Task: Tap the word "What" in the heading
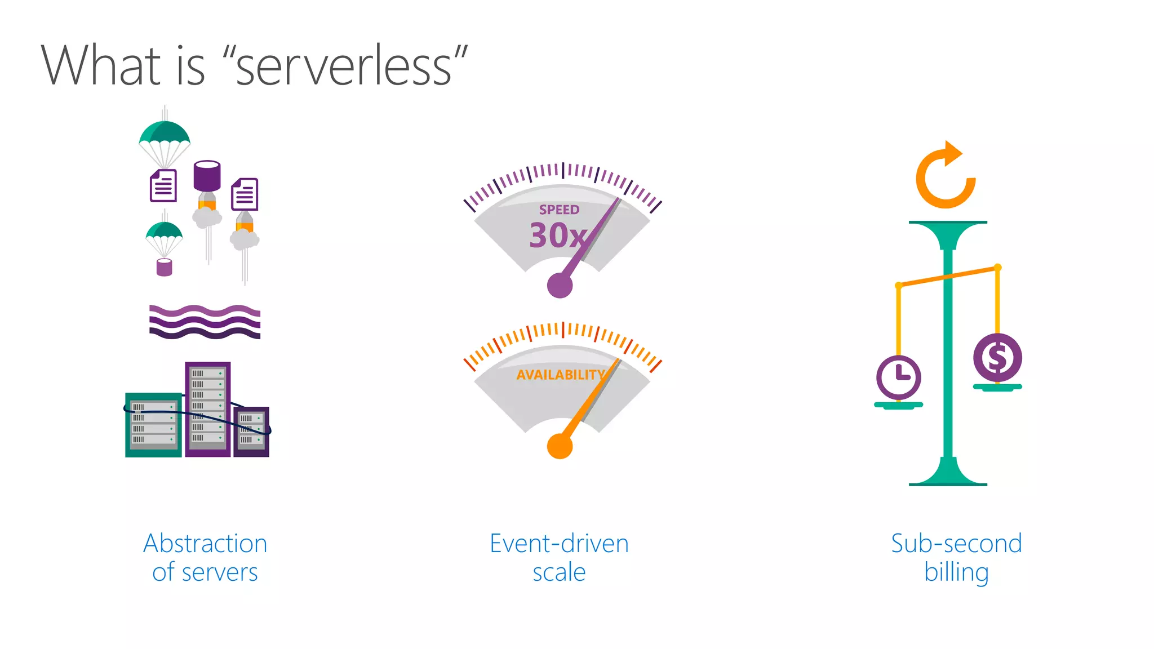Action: [101, 66]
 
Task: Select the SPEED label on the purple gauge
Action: [559, 210]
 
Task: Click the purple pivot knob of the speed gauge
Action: [560, 285]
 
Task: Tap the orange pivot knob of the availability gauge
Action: [560, 446]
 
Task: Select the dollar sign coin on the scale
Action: [997, 358]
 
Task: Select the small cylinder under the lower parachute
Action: [164, 268]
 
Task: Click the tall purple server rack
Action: [207, 408]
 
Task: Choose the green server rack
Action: [153, 424]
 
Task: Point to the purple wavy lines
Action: [205, 322]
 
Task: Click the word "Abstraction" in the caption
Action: [205, 544]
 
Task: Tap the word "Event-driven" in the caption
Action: [559, 544]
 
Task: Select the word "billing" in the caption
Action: [956, 572]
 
